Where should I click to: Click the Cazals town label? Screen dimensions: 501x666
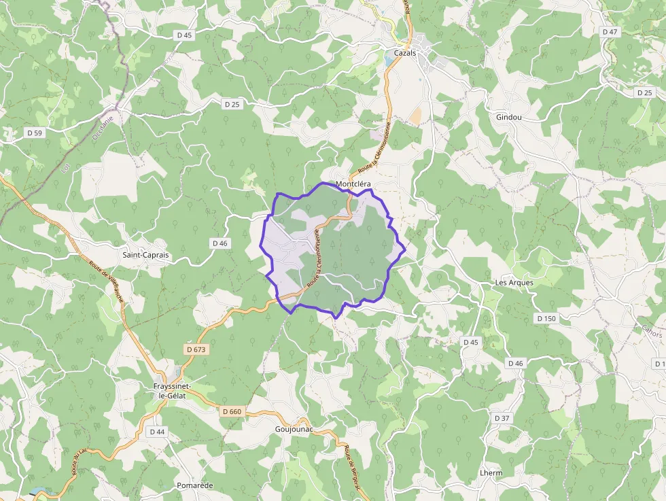tap(404, 52)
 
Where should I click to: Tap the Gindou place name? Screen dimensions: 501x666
tap(508, 117)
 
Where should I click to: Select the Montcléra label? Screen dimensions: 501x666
tap(353, 184)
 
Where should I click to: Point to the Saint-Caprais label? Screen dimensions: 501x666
tap(145, 255)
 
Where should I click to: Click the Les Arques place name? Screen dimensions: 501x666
tap(514, 282)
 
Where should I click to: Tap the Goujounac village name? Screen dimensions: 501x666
tap(294, 430)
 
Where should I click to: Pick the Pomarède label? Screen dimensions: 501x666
tap(194, 485)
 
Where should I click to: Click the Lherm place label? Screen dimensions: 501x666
tap(491, 472)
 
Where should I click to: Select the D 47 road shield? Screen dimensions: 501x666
tap(610, 32)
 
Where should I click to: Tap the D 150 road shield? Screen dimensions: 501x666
tap(546, 318)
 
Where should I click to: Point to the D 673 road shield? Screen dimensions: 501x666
tap(196, 349)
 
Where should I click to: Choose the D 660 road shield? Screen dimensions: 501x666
tap(232, 411)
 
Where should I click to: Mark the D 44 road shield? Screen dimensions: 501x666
tap(156, 432)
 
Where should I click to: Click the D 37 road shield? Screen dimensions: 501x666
tap(502, 418)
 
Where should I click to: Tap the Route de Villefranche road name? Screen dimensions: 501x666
tap(107, 282)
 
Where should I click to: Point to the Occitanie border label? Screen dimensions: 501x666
tap(102, 126)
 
